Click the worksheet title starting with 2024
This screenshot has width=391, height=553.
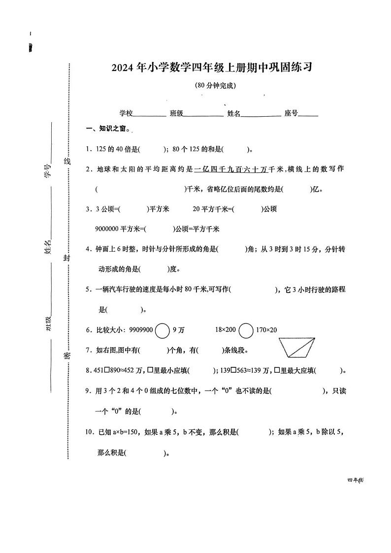click(x=212, y=68)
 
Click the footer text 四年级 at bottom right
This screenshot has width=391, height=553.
click(x=355, y=480)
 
